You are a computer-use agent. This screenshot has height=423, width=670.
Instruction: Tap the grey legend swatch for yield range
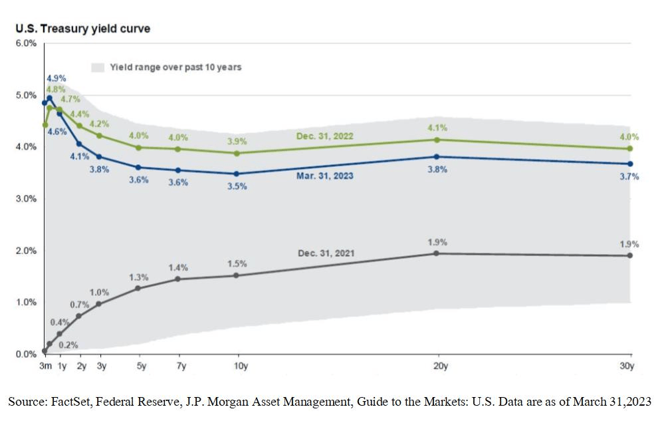98,67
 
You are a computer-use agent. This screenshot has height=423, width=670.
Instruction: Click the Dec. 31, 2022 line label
324,136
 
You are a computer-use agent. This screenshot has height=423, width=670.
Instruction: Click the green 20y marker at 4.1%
437,140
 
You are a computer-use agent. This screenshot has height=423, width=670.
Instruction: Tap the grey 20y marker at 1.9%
437,253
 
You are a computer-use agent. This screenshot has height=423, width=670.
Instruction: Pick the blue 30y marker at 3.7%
630,164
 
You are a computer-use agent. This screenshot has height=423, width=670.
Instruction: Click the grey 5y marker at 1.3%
138,288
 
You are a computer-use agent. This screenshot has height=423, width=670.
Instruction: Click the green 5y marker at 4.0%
138,148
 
